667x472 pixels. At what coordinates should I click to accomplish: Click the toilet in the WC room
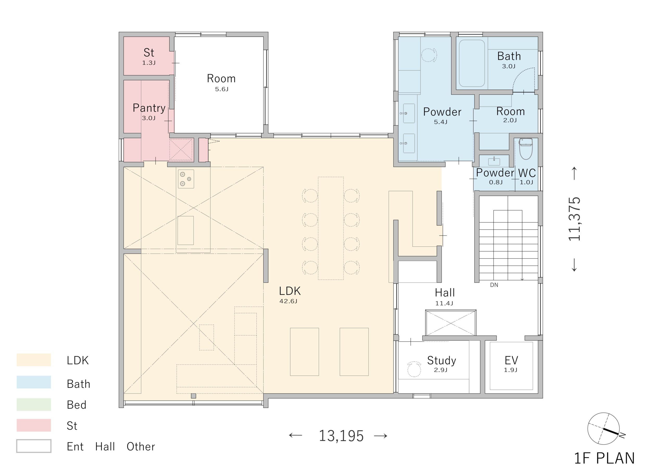click(x=526, y=149)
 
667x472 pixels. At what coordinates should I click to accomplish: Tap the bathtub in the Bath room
click(x=472, y=63)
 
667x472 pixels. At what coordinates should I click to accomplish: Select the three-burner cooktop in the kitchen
click(x=186, y=179)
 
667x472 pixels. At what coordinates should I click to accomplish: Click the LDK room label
click(x=290, y=291)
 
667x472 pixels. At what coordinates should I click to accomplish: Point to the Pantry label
click(x=149, y=108)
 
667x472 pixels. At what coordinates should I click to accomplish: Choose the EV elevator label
click(x=511, y=360)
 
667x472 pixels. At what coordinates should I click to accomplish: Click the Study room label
click(x=442, y=361)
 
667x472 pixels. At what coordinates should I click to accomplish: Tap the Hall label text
click(x=445, y=292)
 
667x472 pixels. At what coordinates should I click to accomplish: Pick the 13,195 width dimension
click(x=341, y=436)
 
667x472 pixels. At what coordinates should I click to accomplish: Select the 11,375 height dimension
click(x=574, y=219)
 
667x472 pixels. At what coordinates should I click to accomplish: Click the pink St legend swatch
click(x=34, y=425)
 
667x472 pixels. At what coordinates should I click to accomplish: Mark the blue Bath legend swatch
click(x=34, y=382)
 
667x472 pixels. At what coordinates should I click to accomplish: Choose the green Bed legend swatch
click(x=34, y=404)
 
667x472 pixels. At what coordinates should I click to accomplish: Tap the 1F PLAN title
click(x=604, y=458)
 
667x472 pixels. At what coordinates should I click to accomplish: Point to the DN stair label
click(x=494, y=285)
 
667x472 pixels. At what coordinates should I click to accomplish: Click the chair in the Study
click(x=414, y=369)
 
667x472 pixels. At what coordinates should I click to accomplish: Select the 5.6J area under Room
click(x=222, y=89)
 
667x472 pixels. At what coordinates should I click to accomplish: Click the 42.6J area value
click(x=288, y=301)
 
